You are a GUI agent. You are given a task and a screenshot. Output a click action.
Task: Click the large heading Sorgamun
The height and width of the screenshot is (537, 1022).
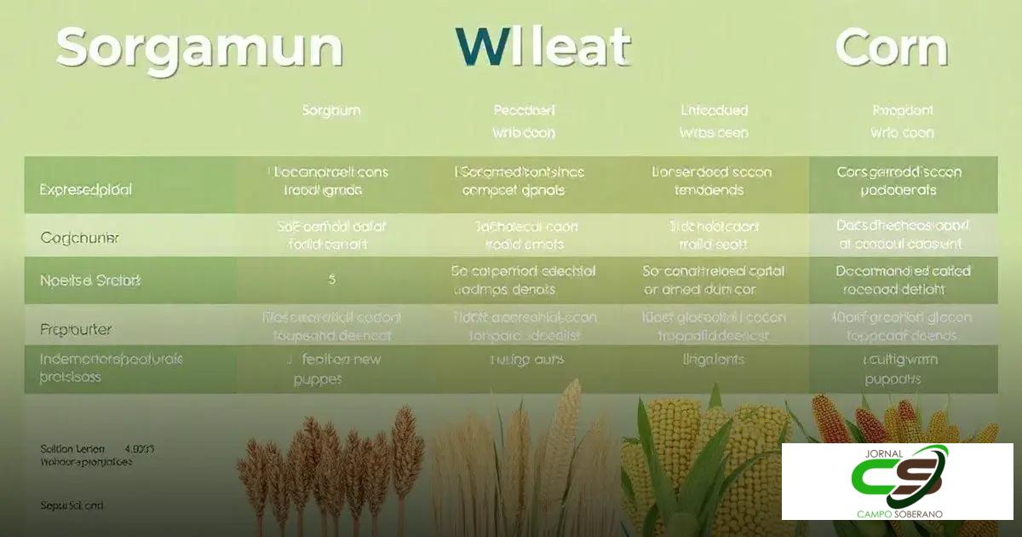(x=199, y=49)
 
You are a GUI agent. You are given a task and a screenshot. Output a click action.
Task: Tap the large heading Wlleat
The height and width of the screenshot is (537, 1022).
(x=542, y=47)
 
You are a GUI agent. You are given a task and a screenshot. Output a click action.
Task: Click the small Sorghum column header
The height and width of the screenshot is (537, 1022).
(x=331, y=111)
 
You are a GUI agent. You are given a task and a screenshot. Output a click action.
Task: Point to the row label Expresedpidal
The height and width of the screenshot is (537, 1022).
(x=86, y=190)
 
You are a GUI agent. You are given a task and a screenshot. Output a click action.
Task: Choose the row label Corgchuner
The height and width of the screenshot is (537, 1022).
(x=79, y=239)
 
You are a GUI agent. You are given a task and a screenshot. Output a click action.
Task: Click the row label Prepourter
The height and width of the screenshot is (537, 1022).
(x=76, y=328)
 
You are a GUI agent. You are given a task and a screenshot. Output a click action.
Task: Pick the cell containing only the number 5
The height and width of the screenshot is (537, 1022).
(x=331, y=279)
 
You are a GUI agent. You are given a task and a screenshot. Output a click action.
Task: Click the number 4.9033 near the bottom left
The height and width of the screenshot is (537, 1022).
(x=140, y=448)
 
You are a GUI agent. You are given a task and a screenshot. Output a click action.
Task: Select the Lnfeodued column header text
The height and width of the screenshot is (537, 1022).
(x=714, y=111)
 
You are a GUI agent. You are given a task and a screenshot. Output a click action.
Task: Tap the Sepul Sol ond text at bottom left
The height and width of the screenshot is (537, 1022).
(x=72, y=505)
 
